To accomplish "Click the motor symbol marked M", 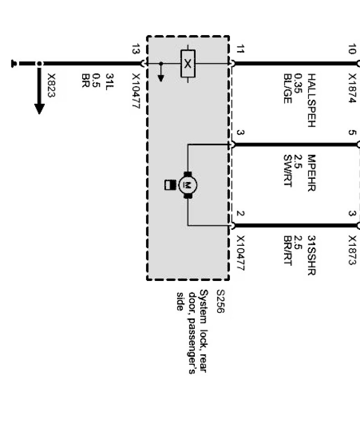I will [x=187, y=185].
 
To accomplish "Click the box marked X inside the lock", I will [x=187, y=63].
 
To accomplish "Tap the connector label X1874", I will [x=352, y=88].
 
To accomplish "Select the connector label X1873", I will [x=352, y=250].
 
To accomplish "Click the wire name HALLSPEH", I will [x=311, y=100].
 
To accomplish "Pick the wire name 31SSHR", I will [x=311, y=255].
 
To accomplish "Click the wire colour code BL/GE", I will [x=287, y=88].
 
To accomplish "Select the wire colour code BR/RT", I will [x=287, y=251].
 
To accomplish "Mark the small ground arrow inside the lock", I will [x=160, y=77].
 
